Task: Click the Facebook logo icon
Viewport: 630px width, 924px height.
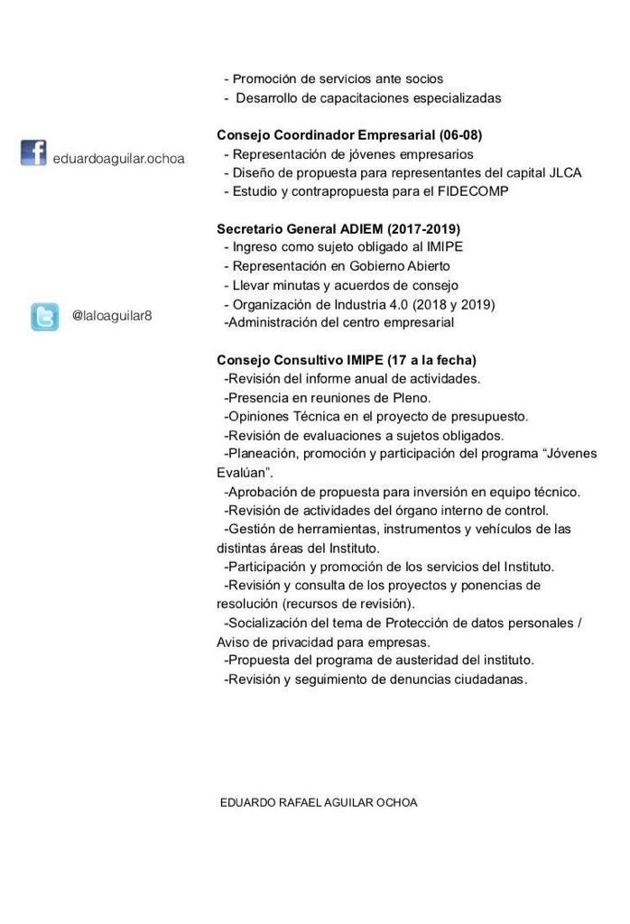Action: (x=33, y=152)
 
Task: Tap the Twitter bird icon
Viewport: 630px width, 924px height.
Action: (x=44, y=317)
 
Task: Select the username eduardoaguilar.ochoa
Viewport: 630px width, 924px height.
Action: (x=118, y=159)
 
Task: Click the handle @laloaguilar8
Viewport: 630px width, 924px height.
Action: (x=112, y=317)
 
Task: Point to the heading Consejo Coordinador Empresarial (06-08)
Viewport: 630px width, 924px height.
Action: (x=349, y=135)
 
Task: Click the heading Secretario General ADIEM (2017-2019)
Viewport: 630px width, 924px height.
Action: (x=338, y=229)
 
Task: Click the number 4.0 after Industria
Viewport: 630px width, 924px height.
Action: (x=398, y=304)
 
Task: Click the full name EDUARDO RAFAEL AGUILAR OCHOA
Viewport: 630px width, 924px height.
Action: (x=319, y=802)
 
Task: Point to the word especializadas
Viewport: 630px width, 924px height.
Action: (x=449, y=97)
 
